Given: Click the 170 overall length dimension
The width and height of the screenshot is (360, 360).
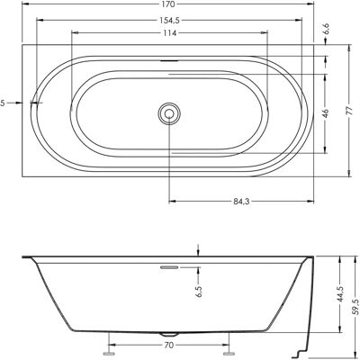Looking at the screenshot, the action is tap(169, 4).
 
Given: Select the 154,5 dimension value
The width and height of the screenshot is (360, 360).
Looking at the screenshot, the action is tap(169, 20).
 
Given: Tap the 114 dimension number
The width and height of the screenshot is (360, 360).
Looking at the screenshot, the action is tap(169, 33).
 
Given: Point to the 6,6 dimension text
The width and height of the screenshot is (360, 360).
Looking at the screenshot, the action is tap(327, 29).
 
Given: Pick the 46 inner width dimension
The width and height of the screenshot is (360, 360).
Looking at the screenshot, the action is tap(327, 113).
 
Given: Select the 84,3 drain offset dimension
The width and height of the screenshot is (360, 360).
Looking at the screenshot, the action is tap(241, 202).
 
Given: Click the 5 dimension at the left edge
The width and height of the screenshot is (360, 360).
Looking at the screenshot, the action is tap(3, 103).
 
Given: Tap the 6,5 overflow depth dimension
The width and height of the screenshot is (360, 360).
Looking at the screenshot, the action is tap(200, 291).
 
